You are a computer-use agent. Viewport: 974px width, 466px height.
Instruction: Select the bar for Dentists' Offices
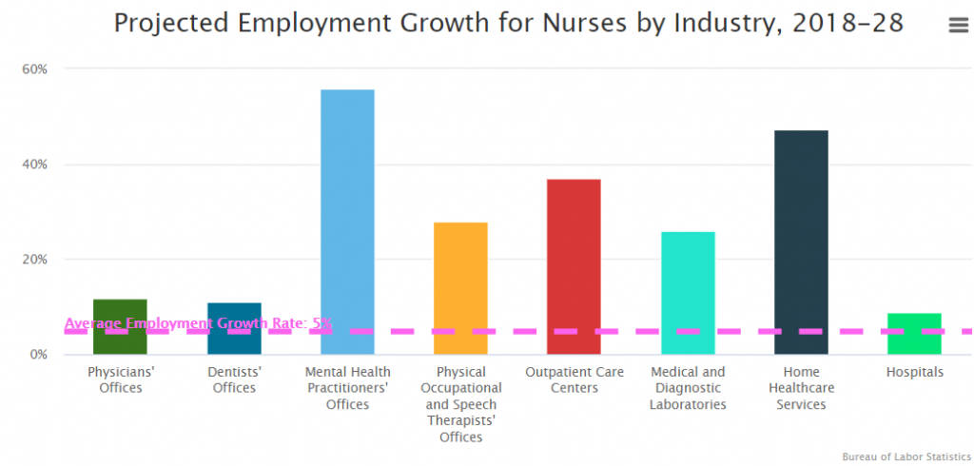tap(234, 328)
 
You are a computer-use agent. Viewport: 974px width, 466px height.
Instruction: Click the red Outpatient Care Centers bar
tap(574, 266)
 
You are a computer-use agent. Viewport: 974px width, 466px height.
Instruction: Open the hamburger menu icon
tap(958, 26)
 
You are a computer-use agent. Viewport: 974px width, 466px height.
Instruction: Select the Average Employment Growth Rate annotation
tap(198, 323)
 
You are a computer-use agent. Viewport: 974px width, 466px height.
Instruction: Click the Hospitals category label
tap(914, 372)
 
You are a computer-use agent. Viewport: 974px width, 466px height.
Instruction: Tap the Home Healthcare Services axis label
tap(801, 388)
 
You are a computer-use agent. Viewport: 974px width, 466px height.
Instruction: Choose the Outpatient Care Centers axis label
tap(574, 379)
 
